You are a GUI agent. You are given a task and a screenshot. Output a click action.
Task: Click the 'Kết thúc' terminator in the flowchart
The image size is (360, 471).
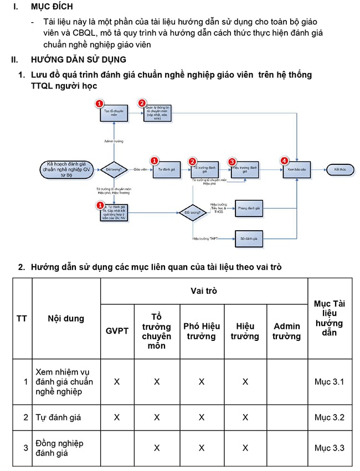click(x=340, y=169)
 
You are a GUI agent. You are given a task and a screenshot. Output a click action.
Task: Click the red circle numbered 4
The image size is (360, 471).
click(x=285, y=161)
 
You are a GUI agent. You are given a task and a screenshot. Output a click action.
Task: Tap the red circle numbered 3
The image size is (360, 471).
click(x=232, y=161)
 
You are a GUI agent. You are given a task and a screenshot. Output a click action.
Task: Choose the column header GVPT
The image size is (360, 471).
click(x=117, y=331)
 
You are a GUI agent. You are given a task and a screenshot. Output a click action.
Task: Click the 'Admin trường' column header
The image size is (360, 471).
click(x=286, y=331)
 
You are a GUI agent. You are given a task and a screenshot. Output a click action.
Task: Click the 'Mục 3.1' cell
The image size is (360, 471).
click(x=329, y=382)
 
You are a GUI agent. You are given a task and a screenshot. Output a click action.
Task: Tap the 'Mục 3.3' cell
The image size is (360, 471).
click(x=329, y=448)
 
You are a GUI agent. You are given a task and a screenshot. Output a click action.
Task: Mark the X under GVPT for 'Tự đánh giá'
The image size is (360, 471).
click(x=117, y=417)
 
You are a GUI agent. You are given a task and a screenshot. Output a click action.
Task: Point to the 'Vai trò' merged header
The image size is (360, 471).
click(x=204, y=291)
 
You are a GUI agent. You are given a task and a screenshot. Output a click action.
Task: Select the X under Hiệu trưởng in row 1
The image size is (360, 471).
click(x=245, y=382)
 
